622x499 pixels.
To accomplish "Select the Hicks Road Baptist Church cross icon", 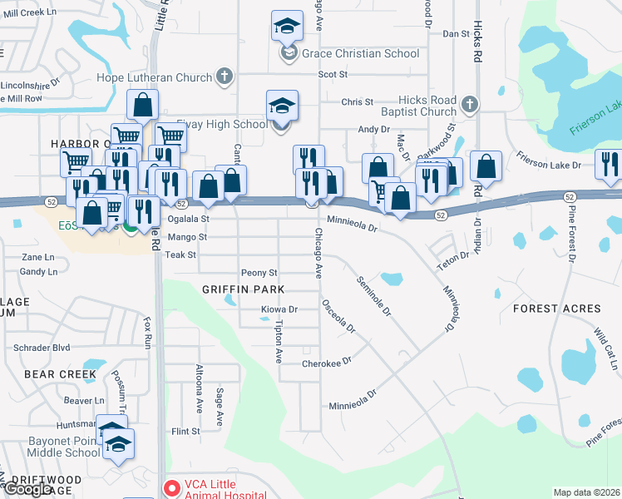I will click(x=469, y=105).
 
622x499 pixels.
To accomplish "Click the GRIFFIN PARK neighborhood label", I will click(x=243, y=289).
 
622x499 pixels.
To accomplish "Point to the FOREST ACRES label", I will click(x=556, y=309).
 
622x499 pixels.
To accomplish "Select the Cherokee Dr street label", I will click(x=327, y=362).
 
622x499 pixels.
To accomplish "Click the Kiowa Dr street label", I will click(x=279, y=309).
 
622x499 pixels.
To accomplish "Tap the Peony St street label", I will click(x=259, y=273).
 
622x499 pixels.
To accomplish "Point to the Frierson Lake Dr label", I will click(x=548, y=165).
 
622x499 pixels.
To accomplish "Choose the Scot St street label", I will click(x=332, y=74).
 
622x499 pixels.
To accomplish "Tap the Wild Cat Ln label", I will click(x=604, y=348).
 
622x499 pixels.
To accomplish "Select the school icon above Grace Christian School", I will click(x=287, y=27).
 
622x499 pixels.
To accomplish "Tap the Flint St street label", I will click(x=185, y=432).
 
